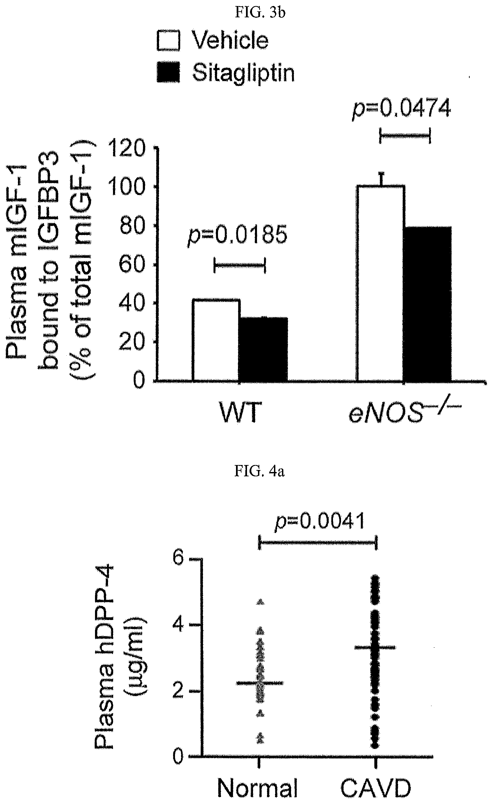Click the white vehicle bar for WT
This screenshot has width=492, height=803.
coord(216,340)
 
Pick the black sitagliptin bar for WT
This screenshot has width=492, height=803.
coord(263,349)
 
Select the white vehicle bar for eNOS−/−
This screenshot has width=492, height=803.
coord(380,283)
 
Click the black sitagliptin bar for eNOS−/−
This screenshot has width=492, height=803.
coord(428,303)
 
